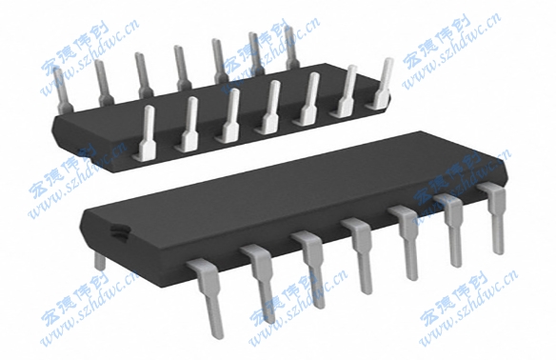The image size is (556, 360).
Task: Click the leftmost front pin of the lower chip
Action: point(207,290)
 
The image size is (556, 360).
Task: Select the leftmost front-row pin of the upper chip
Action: point(149,133)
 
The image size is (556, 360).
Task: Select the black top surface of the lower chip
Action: point(286,190)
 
